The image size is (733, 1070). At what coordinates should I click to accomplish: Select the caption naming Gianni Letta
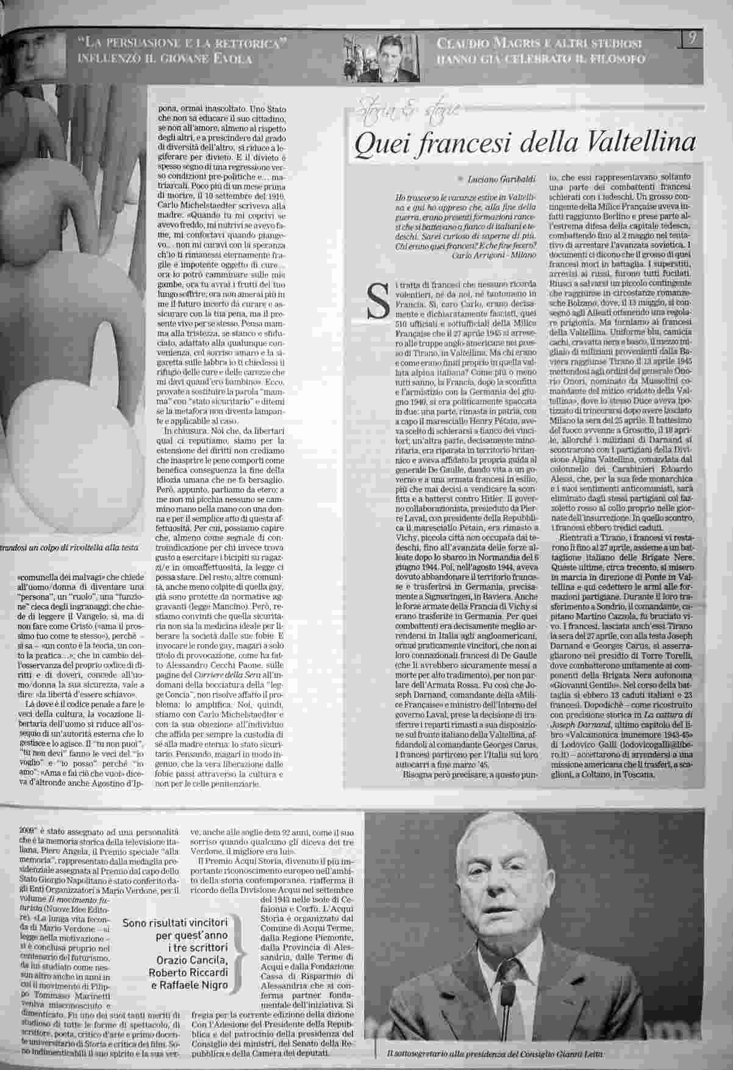[x=498, y=1054]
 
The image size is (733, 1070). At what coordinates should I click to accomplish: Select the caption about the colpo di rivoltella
[x=70, y=548]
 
